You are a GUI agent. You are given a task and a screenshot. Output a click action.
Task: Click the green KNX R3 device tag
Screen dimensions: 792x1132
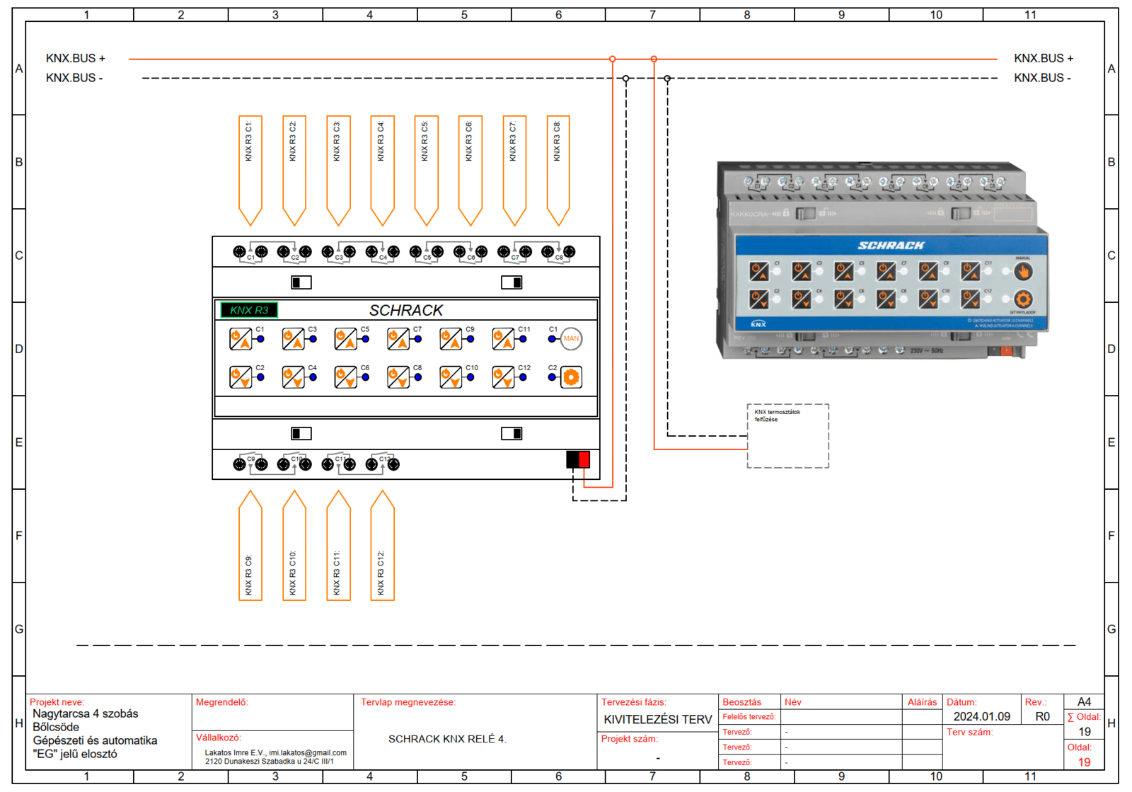click(249, 310)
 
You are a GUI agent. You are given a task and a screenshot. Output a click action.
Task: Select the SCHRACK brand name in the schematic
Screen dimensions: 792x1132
click(405, 310)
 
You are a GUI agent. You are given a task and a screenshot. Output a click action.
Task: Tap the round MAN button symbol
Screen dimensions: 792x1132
click(571, 339)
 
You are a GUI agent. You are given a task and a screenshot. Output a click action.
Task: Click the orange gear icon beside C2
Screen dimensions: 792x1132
click(571, 377)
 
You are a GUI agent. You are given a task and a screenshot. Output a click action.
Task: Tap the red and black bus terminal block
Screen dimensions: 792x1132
click(577, 459)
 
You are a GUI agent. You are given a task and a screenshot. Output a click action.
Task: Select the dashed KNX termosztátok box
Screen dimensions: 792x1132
click(787, 436)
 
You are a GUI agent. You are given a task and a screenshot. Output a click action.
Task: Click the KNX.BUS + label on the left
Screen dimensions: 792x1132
click(76, 59)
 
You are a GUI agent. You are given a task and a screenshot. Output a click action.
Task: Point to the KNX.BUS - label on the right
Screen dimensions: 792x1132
click(1042, 78)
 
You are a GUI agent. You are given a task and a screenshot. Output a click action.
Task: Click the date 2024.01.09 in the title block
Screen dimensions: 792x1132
click(981, 716)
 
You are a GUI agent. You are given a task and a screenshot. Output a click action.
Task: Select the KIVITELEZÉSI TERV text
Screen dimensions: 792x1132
click(657, 719)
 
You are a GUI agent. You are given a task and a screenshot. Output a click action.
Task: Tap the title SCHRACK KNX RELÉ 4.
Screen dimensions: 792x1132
click(447, 739)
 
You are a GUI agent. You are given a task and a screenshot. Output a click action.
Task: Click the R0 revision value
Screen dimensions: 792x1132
click(1042, 716)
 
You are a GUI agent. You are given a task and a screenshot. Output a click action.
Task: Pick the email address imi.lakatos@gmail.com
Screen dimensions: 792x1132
click(308, 752)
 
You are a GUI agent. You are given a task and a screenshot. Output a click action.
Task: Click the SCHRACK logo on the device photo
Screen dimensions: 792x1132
click(891, 246)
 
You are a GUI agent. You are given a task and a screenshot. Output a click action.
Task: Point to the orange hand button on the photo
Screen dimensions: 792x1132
click(1022, 271)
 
